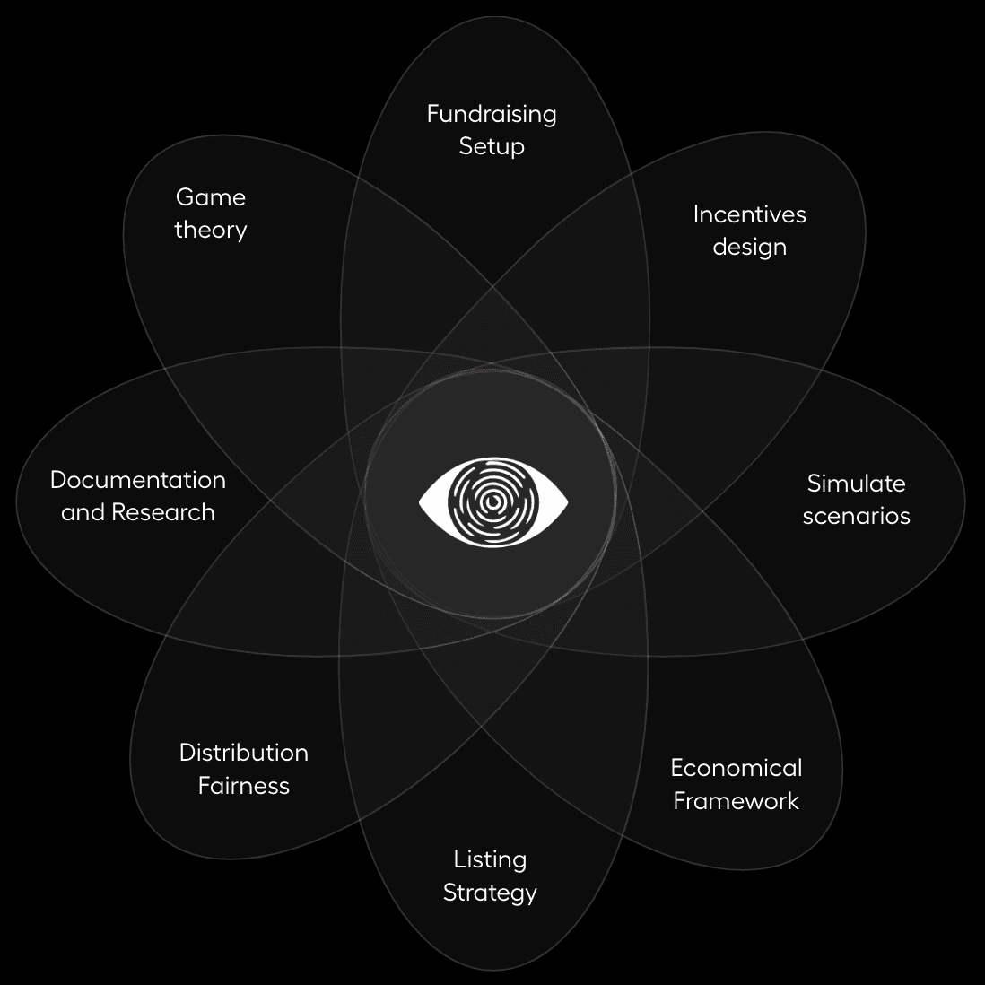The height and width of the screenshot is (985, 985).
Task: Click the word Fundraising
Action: pos(492,114)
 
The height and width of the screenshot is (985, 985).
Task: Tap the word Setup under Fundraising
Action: pos(492,146)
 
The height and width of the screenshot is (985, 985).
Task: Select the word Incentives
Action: pos(749,214)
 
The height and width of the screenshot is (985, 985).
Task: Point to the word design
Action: pos(749,247)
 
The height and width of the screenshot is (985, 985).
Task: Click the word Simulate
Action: pos(856,484)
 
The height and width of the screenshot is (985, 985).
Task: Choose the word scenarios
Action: pos(856,516)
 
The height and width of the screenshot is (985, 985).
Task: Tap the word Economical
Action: pos(736,768)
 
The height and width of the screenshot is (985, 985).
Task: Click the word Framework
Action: pos(736,800)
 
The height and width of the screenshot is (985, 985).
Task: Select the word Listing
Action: pos(490,859)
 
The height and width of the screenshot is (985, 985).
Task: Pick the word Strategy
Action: pos(490,893)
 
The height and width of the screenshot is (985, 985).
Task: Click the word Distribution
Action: pos(243,753)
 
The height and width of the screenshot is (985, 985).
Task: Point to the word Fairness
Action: pos(243,786)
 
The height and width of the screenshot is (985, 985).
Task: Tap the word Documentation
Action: pos(137,480)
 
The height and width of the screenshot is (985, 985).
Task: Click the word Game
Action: pos(210,197)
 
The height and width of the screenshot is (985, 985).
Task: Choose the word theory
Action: pos(210,230)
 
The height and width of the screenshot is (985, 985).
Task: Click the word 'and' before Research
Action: pos(81,512)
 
